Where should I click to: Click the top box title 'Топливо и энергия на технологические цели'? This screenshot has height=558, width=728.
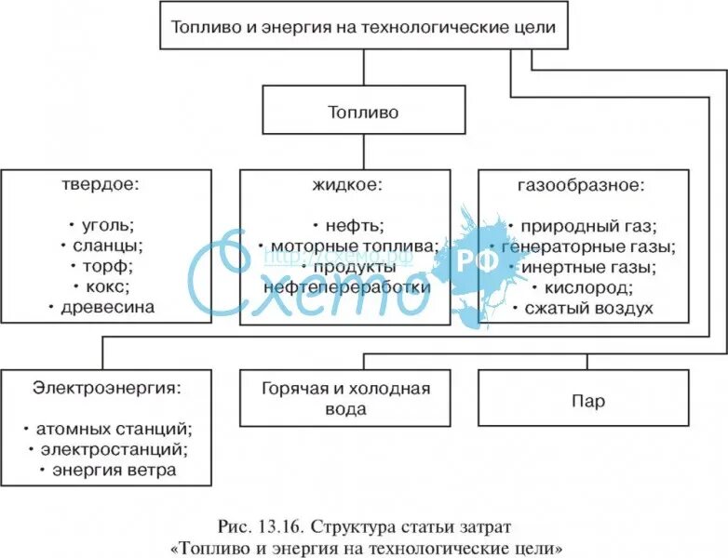pos(363,27)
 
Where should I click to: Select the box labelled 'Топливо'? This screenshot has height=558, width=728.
pos(362,113)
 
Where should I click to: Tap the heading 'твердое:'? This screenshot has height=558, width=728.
pos(104,184)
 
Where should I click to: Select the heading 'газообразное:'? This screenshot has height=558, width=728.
pos(583,184)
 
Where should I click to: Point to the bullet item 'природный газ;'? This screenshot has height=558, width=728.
pos(586,225)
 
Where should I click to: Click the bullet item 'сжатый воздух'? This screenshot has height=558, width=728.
pos(586,308)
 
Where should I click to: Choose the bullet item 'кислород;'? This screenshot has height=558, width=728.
pos(586,287)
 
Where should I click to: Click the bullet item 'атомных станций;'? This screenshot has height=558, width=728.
pos(110,429)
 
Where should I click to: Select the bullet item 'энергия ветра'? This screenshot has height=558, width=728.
pos(108,470)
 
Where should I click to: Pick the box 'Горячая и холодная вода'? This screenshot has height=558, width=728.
pos(346,398)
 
